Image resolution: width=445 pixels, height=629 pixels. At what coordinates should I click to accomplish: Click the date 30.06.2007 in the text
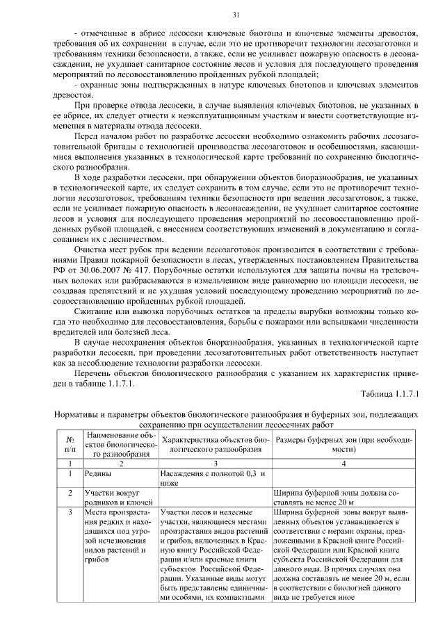(x=94, y=268)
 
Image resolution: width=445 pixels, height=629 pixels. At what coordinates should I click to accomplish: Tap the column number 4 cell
(x=343, y=461)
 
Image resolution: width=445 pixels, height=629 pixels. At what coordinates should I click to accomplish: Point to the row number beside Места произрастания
(x=70, y=512)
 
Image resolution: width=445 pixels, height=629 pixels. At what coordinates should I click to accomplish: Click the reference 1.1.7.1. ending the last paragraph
(x=119, y=382)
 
